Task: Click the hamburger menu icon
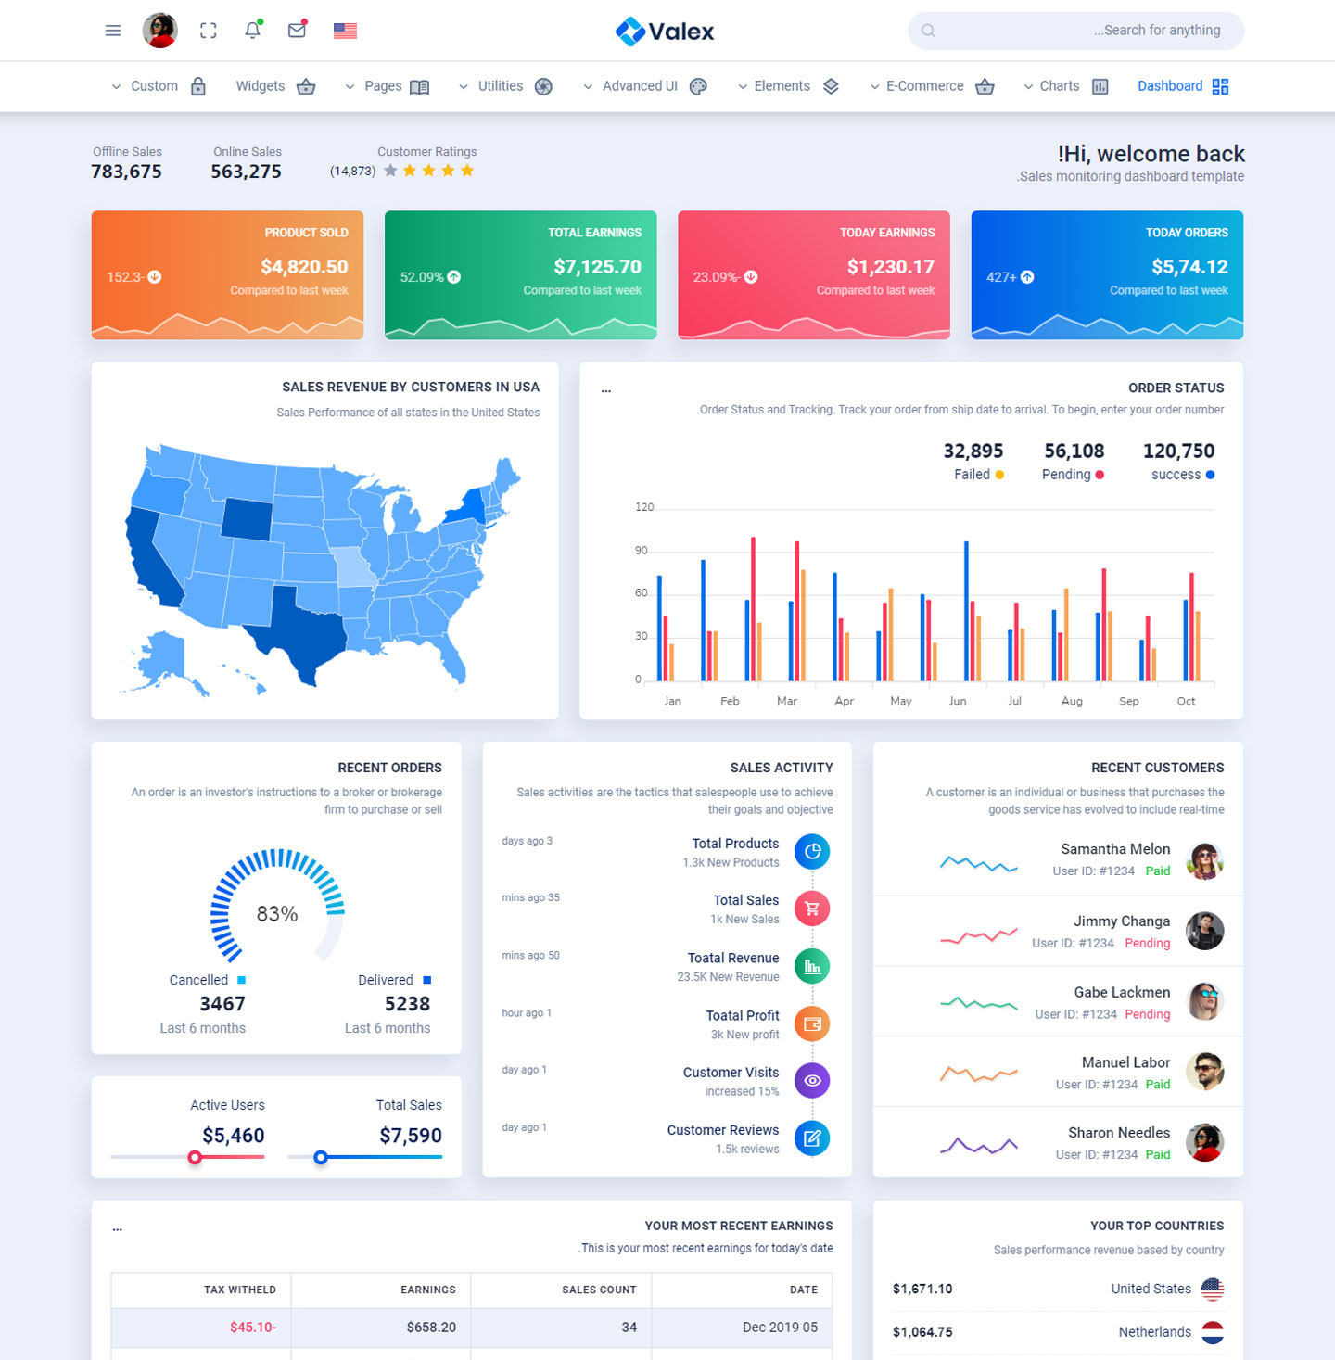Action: (x=113, y=31)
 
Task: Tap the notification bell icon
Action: (x=252, y=31)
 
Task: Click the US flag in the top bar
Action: (x=345, y=31)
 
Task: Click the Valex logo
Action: (x=665, y=32)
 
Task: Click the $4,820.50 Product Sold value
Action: (x=304, y=267)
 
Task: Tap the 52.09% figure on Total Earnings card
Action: (x=422, y=277)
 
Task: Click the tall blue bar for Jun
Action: (x=966, y=611)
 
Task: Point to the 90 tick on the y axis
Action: (x=642, y=551)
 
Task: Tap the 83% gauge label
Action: (x=277, y=914)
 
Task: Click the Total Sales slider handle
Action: (x=321, y=1157)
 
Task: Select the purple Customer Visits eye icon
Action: (x=812, y=1081)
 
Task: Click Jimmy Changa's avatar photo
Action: (x=1204, y=931)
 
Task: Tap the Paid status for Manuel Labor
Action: (x=1157, y=1085)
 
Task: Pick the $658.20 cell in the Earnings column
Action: (x=431, y=1328)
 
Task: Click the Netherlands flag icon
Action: (x=1213, y=1332)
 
